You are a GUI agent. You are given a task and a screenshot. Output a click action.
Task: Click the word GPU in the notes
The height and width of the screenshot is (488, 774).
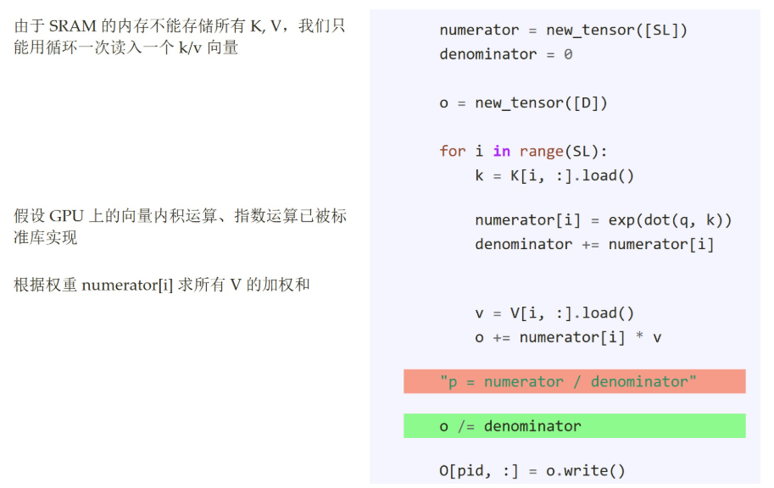point(67,216)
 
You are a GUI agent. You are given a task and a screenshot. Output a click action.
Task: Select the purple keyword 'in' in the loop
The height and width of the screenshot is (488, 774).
point(502,151)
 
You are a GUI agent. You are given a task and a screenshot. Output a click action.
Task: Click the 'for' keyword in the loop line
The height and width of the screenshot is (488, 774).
point(452,151)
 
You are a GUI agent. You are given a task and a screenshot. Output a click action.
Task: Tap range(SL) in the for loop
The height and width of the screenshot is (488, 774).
point(564,151)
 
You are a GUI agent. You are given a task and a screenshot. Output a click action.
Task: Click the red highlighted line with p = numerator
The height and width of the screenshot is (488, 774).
point(574,382)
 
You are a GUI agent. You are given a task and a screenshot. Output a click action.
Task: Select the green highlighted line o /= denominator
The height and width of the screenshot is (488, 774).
point(574,426)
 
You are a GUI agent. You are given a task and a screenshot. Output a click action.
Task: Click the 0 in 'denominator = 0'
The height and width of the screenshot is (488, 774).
point(568,54)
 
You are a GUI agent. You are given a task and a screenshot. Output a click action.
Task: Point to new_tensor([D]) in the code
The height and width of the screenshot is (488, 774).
point(541,103)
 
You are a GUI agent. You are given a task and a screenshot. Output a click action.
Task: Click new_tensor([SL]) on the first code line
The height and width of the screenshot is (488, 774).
point(616,30)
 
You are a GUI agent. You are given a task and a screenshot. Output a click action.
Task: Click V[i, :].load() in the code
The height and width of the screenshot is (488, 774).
point(572,313)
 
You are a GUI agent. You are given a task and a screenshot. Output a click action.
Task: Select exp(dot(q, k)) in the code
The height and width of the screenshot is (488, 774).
point(670,220)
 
